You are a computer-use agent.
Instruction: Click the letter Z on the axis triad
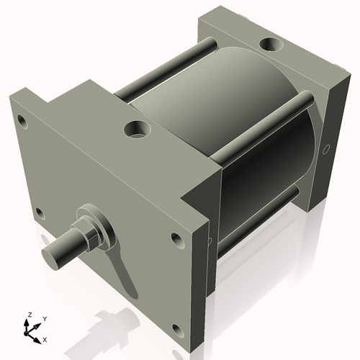pos(30,315)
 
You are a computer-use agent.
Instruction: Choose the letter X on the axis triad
pos(45,338)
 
